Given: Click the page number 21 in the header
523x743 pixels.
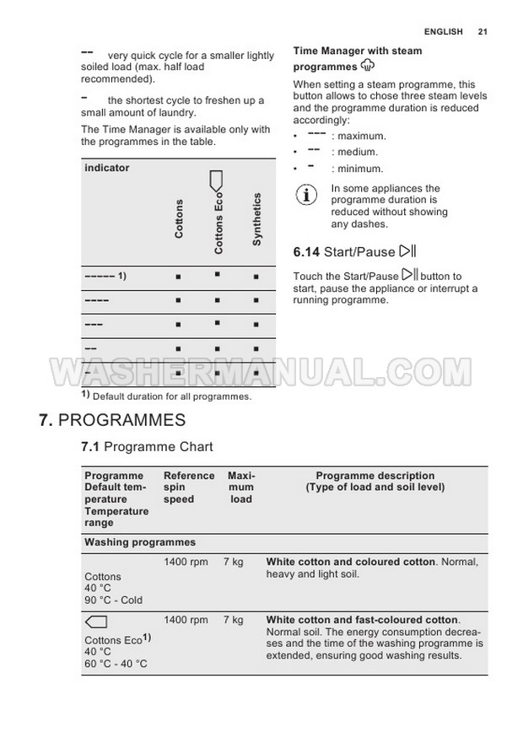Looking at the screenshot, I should click(483, 32).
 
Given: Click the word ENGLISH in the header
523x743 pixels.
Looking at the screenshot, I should click(444, 32).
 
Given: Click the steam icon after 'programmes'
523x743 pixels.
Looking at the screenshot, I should click(367, 65).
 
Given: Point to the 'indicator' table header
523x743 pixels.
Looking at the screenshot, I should click(107, 168).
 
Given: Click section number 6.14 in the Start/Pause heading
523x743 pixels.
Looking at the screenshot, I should click(306, 251).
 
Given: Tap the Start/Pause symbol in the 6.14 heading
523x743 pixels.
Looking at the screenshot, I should click(408, 250).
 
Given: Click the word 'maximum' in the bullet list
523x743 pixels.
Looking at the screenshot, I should click(362, 136).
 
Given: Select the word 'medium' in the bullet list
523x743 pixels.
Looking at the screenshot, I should click(358, 152).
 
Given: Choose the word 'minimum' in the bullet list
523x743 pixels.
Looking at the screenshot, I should click(360, 169).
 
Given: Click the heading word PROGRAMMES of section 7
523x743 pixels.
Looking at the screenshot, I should click(122, 420).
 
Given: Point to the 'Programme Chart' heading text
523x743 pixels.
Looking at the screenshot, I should click(159, 447).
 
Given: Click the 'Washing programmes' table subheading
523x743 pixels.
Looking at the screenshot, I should click(140, 542).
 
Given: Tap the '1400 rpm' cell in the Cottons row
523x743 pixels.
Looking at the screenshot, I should click(186, 562).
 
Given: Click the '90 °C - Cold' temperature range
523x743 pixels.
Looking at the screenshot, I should click(114, 600).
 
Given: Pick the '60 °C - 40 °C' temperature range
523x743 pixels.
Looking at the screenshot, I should click(116, 664).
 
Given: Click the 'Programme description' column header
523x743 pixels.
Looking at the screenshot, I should click(375, 476).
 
